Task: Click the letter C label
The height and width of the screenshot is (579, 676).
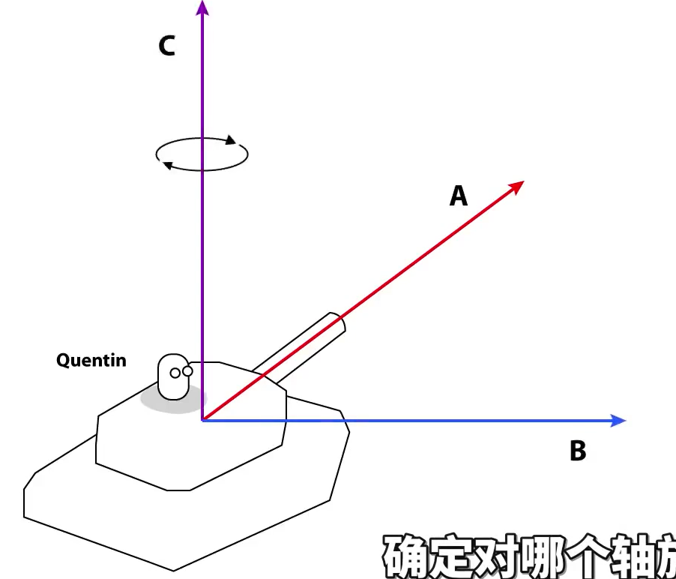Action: [x=166, y=46]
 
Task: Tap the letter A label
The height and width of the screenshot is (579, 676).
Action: [x=458, y=196]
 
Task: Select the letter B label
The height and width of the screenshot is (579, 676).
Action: [x=577, y=451]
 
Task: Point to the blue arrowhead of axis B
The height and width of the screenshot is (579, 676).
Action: [x=618, y=421]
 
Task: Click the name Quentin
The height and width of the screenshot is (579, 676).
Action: [x=91, y=361]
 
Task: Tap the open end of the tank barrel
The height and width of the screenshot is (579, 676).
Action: [x=337, y=323]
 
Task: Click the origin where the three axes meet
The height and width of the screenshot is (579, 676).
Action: [x=202, y=420]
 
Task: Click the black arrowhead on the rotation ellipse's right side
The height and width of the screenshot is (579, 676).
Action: [x=231, y=140]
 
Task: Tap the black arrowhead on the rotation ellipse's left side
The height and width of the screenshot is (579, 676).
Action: [x=169, y=166]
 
